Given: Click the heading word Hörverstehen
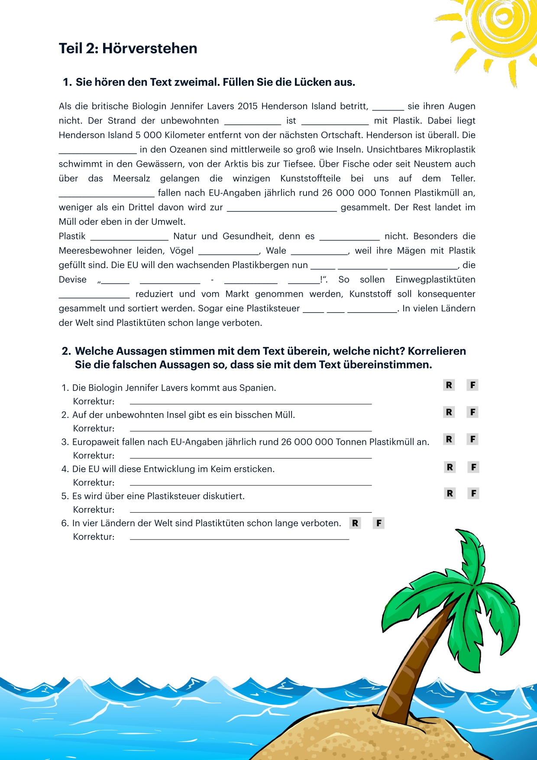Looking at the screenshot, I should (x=149, y=48).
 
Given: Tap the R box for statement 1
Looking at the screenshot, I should (x=449, y=385).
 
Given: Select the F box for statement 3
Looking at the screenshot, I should (x=473, y=439).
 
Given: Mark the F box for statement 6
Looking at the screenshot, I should (x=379, y=523).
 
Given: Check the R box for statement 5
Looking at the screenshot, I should (x=450, y=493).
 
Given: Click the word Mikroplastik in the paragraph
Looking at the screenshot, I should (x=450, y=149).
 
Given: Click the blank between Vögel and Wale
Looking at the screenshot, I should (x=228, y=252).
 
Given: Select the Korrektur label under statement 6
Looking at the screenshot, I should (x=94, y=537).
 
